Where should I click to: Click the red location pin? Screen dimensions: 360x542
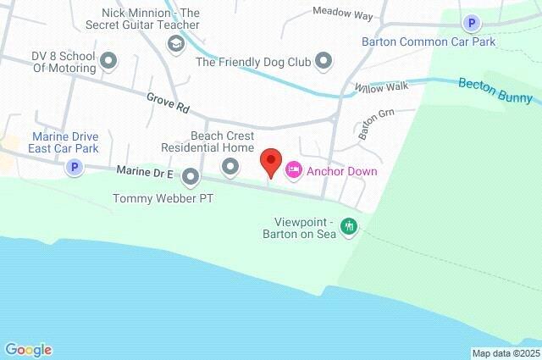[270, 160]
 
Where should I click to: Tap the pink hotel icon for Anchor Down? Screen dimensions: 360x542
[293, 171]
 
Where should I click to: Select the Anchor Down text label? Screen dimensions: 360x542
[342, 171]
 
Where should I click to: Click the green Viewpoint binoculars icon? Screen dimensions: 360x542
[348, 226]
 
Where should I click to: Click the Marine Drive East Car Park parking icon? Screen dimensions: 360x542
[75, 168]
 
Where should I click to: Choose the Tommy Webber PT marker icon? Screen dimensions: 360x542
[191, 177]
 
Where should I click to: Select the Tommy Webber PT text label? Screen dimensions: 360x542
[163, 199]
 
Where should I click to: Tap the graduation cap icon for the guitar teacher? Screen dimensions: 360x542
[176, 44]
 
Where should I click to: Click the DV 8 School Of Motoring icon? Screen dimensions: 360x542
[108, 60]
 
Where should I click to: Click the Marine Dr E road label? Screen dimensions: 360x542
[145, 173]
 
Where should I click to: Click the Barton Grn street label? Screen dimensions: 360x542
[377, 125]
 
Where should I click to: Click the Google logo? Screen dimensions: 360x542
[28, 349]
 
